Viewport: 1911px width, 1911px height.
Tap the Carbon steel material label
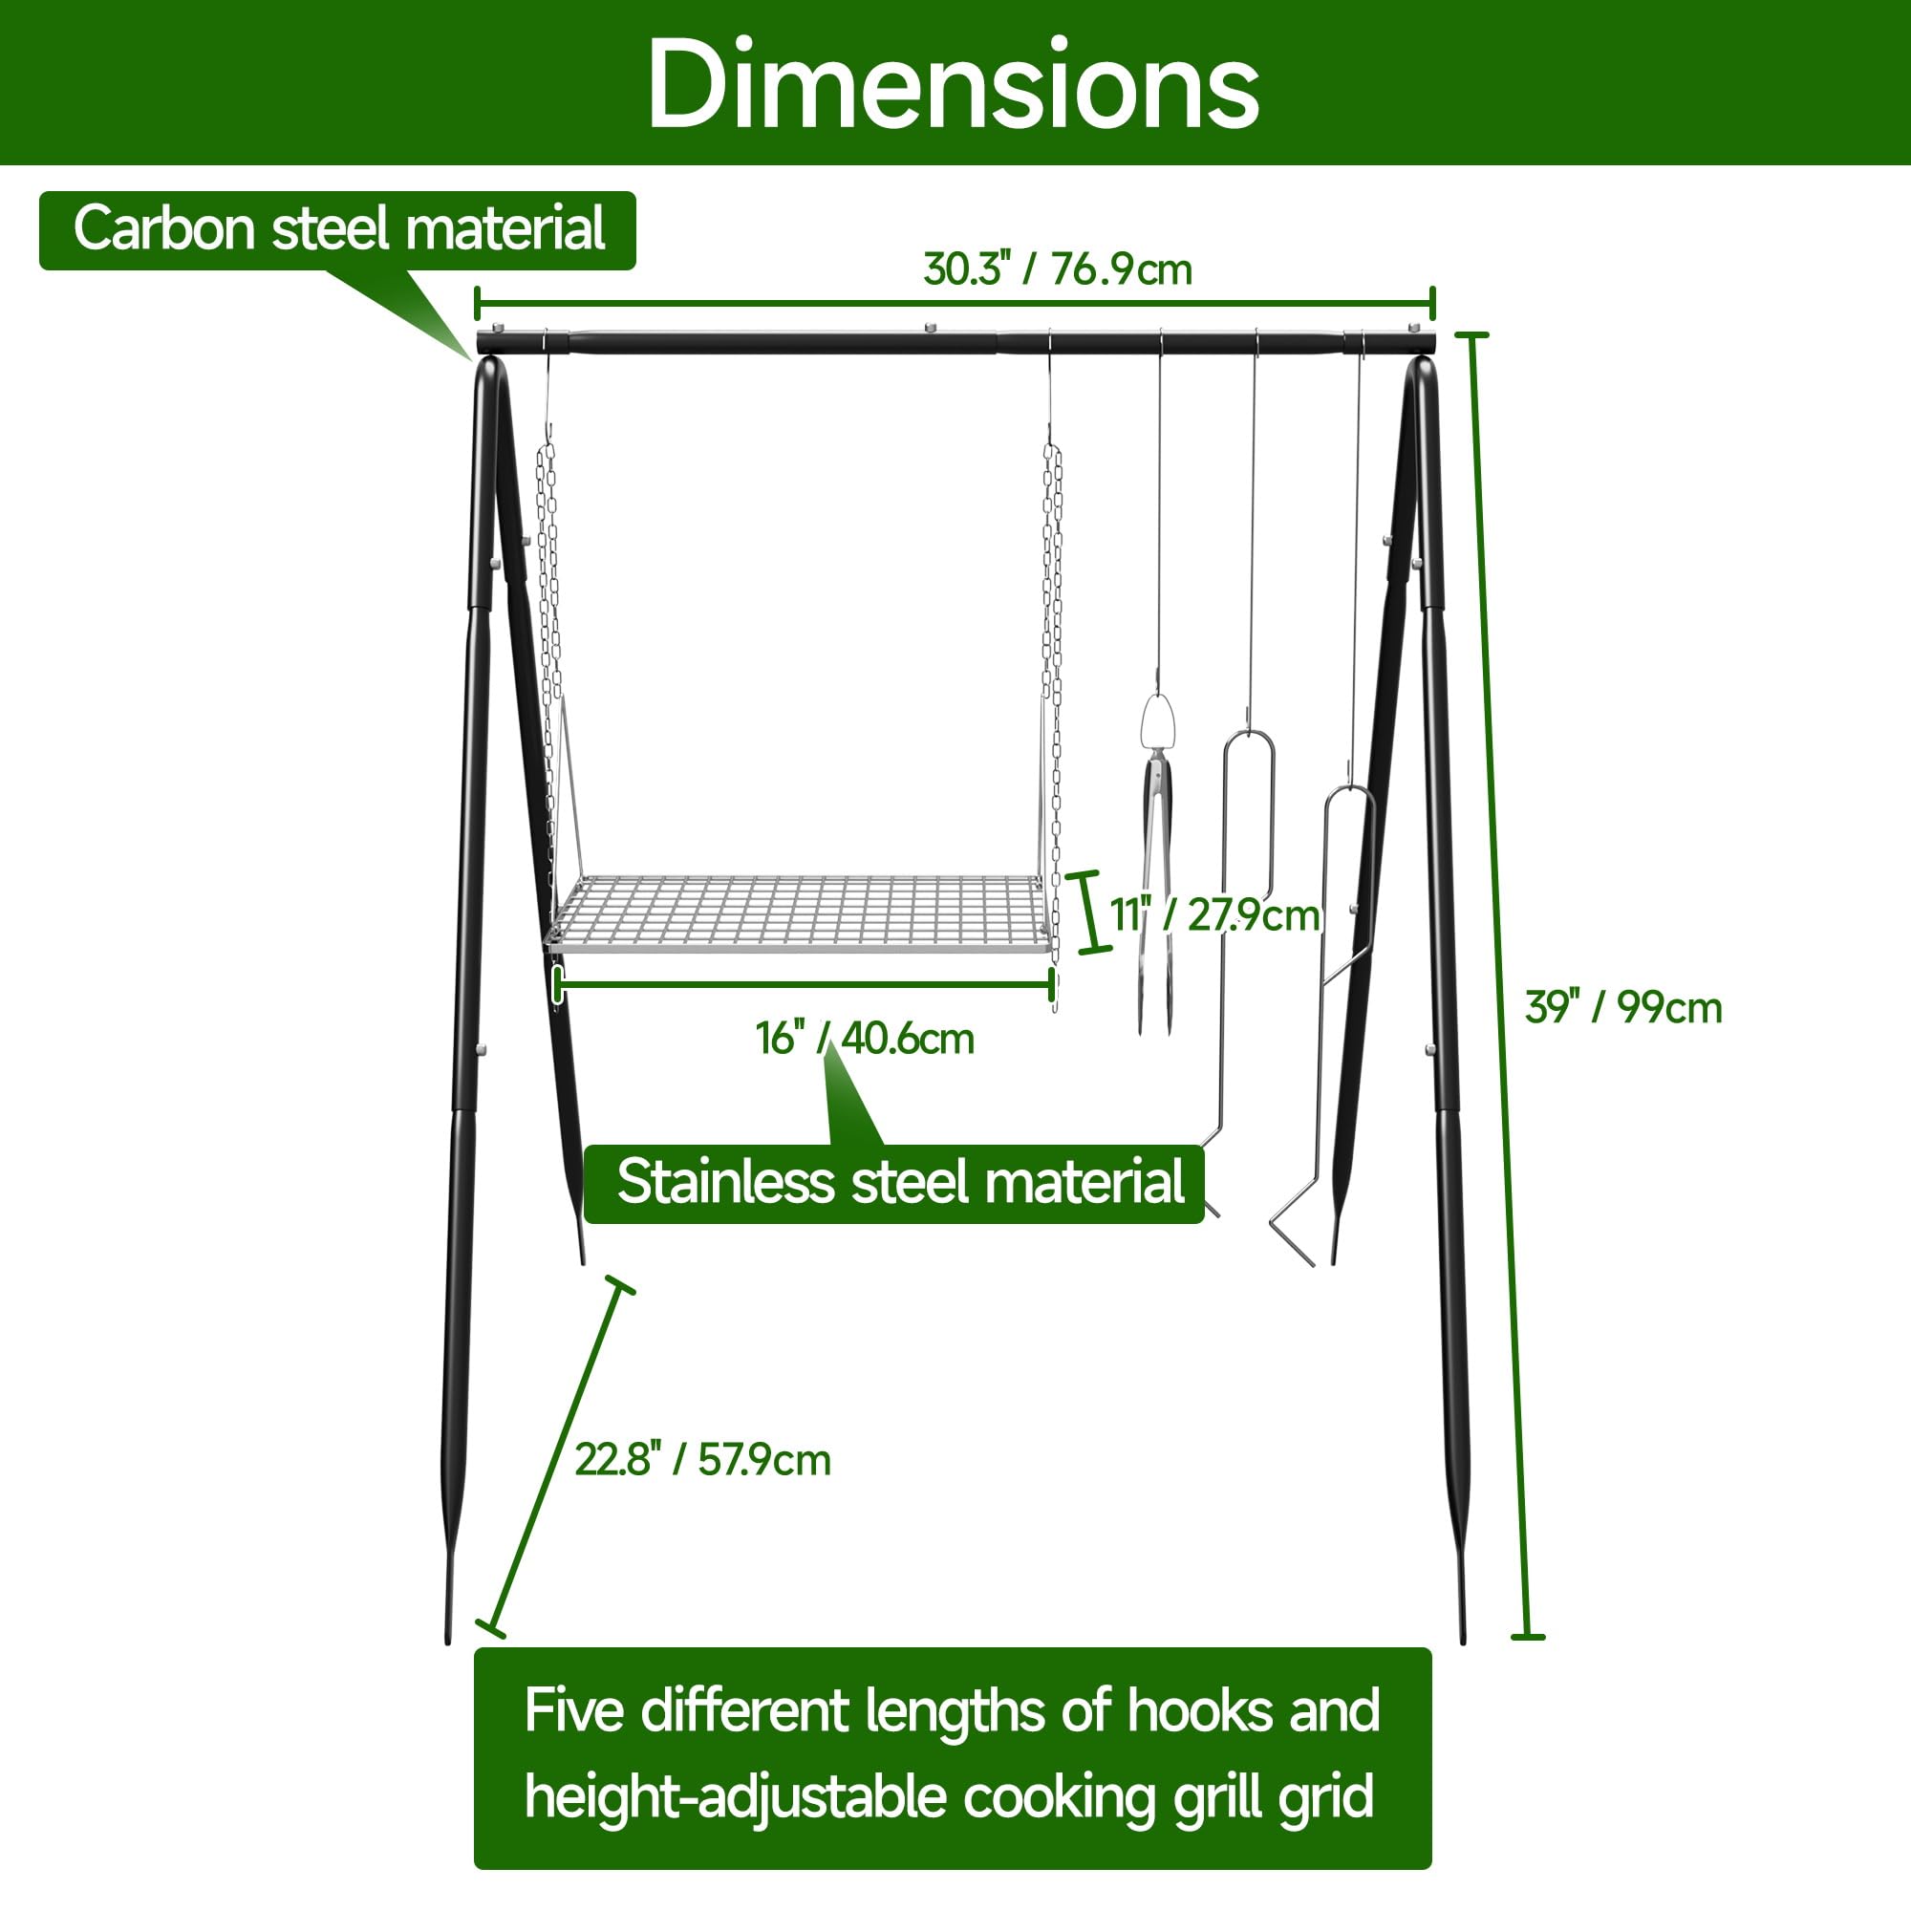338,229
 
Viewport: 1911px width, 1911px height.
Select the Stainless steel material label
900,1181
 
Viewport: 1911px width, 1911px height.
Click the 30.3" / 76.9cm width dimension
1058,269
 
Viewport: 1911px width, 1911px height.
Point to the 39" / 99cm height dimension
1623,1008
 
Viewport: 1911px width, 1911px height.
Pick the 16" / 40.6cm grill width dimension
865,1039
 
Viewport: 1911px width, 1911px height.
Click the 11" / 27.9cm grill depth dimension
1214,915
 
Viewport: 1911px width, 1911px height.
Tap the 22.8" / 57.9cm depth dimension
702,1460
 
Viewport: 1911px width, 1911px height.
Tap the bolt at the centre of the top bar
929,327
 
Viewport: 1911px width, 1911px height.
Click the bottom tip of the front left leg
448,1641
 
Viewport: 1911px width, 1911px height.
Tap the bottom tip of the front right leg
1464,1641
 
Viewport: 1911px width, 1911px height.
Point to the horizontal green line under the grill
805,984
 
